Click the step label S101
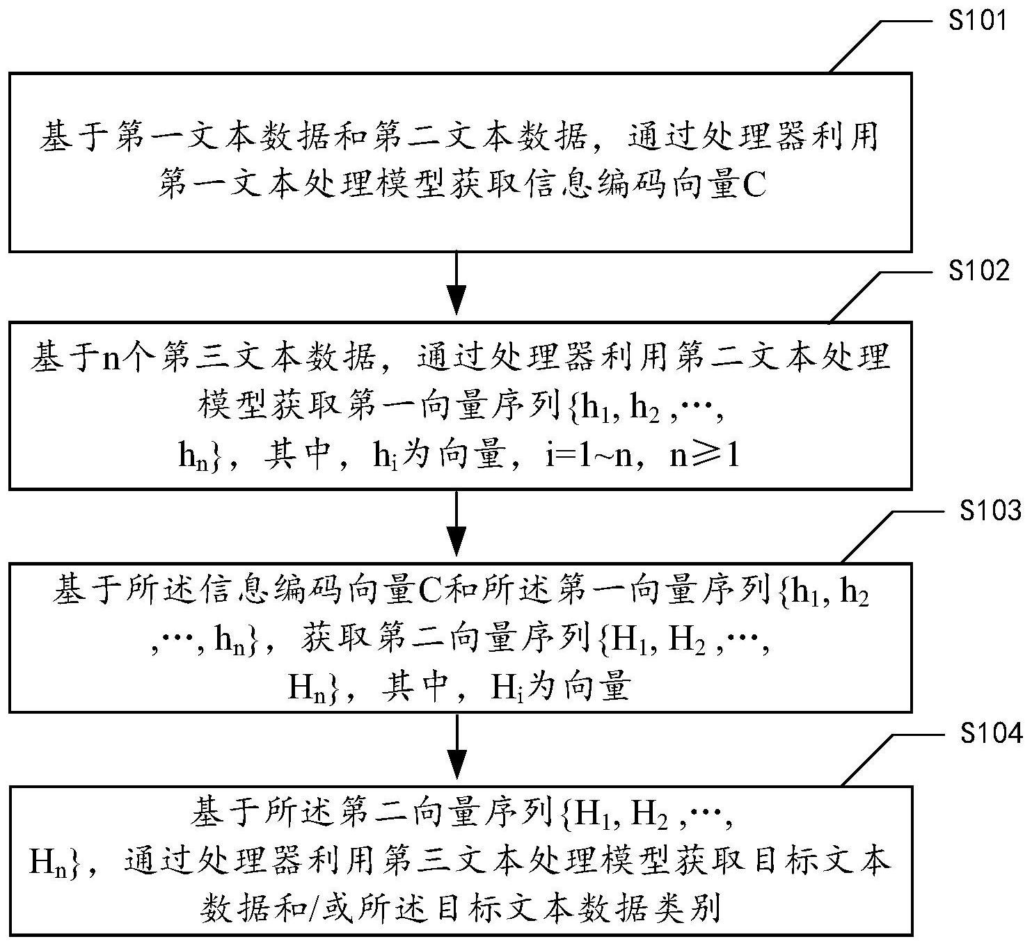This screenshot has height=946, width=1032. pyautogui.click(x=978, y=21)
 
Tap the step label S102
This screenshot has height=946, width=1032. pyautogui.click(x=978, y=271)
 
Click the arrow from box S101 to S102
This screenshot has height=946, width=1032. pyautogui.click(x=456, y=283)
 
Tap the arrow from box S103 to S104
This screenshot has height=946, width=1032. pyautogui.click(x=456, y=747)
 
